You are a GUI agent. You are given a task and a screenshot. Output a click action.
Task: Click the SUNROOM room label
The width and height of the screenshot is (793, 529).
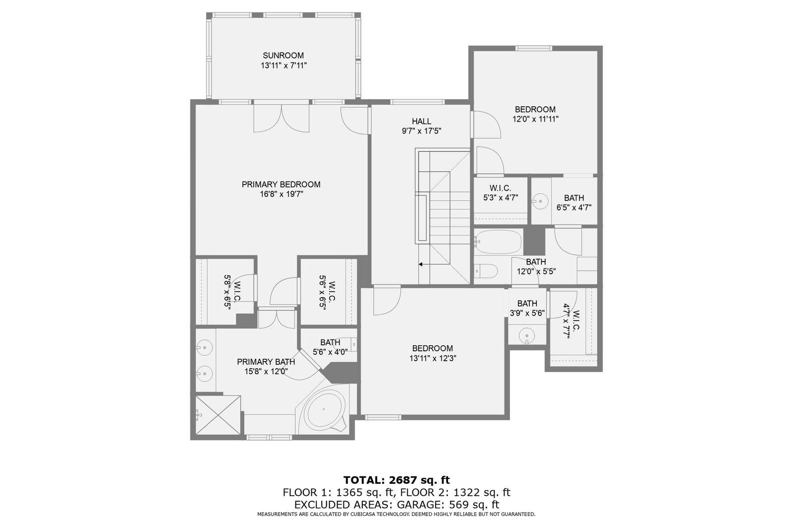point(283,56)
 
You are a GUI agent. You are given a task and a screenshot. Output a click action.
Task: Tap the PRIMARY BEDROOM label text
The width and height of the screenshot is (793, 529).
point(281,185)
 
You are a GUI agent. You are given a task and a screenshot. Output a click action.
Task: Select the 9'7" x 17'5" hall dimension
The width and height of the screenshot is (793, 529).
point(421,132)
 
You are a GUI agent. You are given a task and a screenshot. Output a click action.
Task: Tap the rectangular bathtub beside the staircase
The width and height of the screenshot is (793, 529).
point(498,242)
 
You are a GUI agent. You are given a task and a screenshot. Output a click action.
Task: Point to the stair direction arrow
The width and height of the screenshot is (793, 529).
point(421,264)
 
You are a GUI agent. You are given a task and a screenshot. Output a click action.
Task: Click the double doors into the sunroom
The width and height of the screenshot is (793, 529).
point(282,118)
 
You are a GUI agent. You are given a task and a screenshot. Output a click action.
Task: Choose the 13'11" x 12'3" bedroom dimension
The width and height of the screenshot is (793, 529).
point(433,358)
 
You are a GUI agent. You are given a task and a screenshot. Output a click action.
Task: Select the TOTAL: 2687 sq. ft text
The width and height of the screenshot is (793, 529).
point(396,480)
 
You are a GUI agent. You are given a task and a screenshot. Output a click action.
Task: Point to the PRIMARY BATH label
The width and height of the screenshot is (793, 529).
point(266,362)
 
